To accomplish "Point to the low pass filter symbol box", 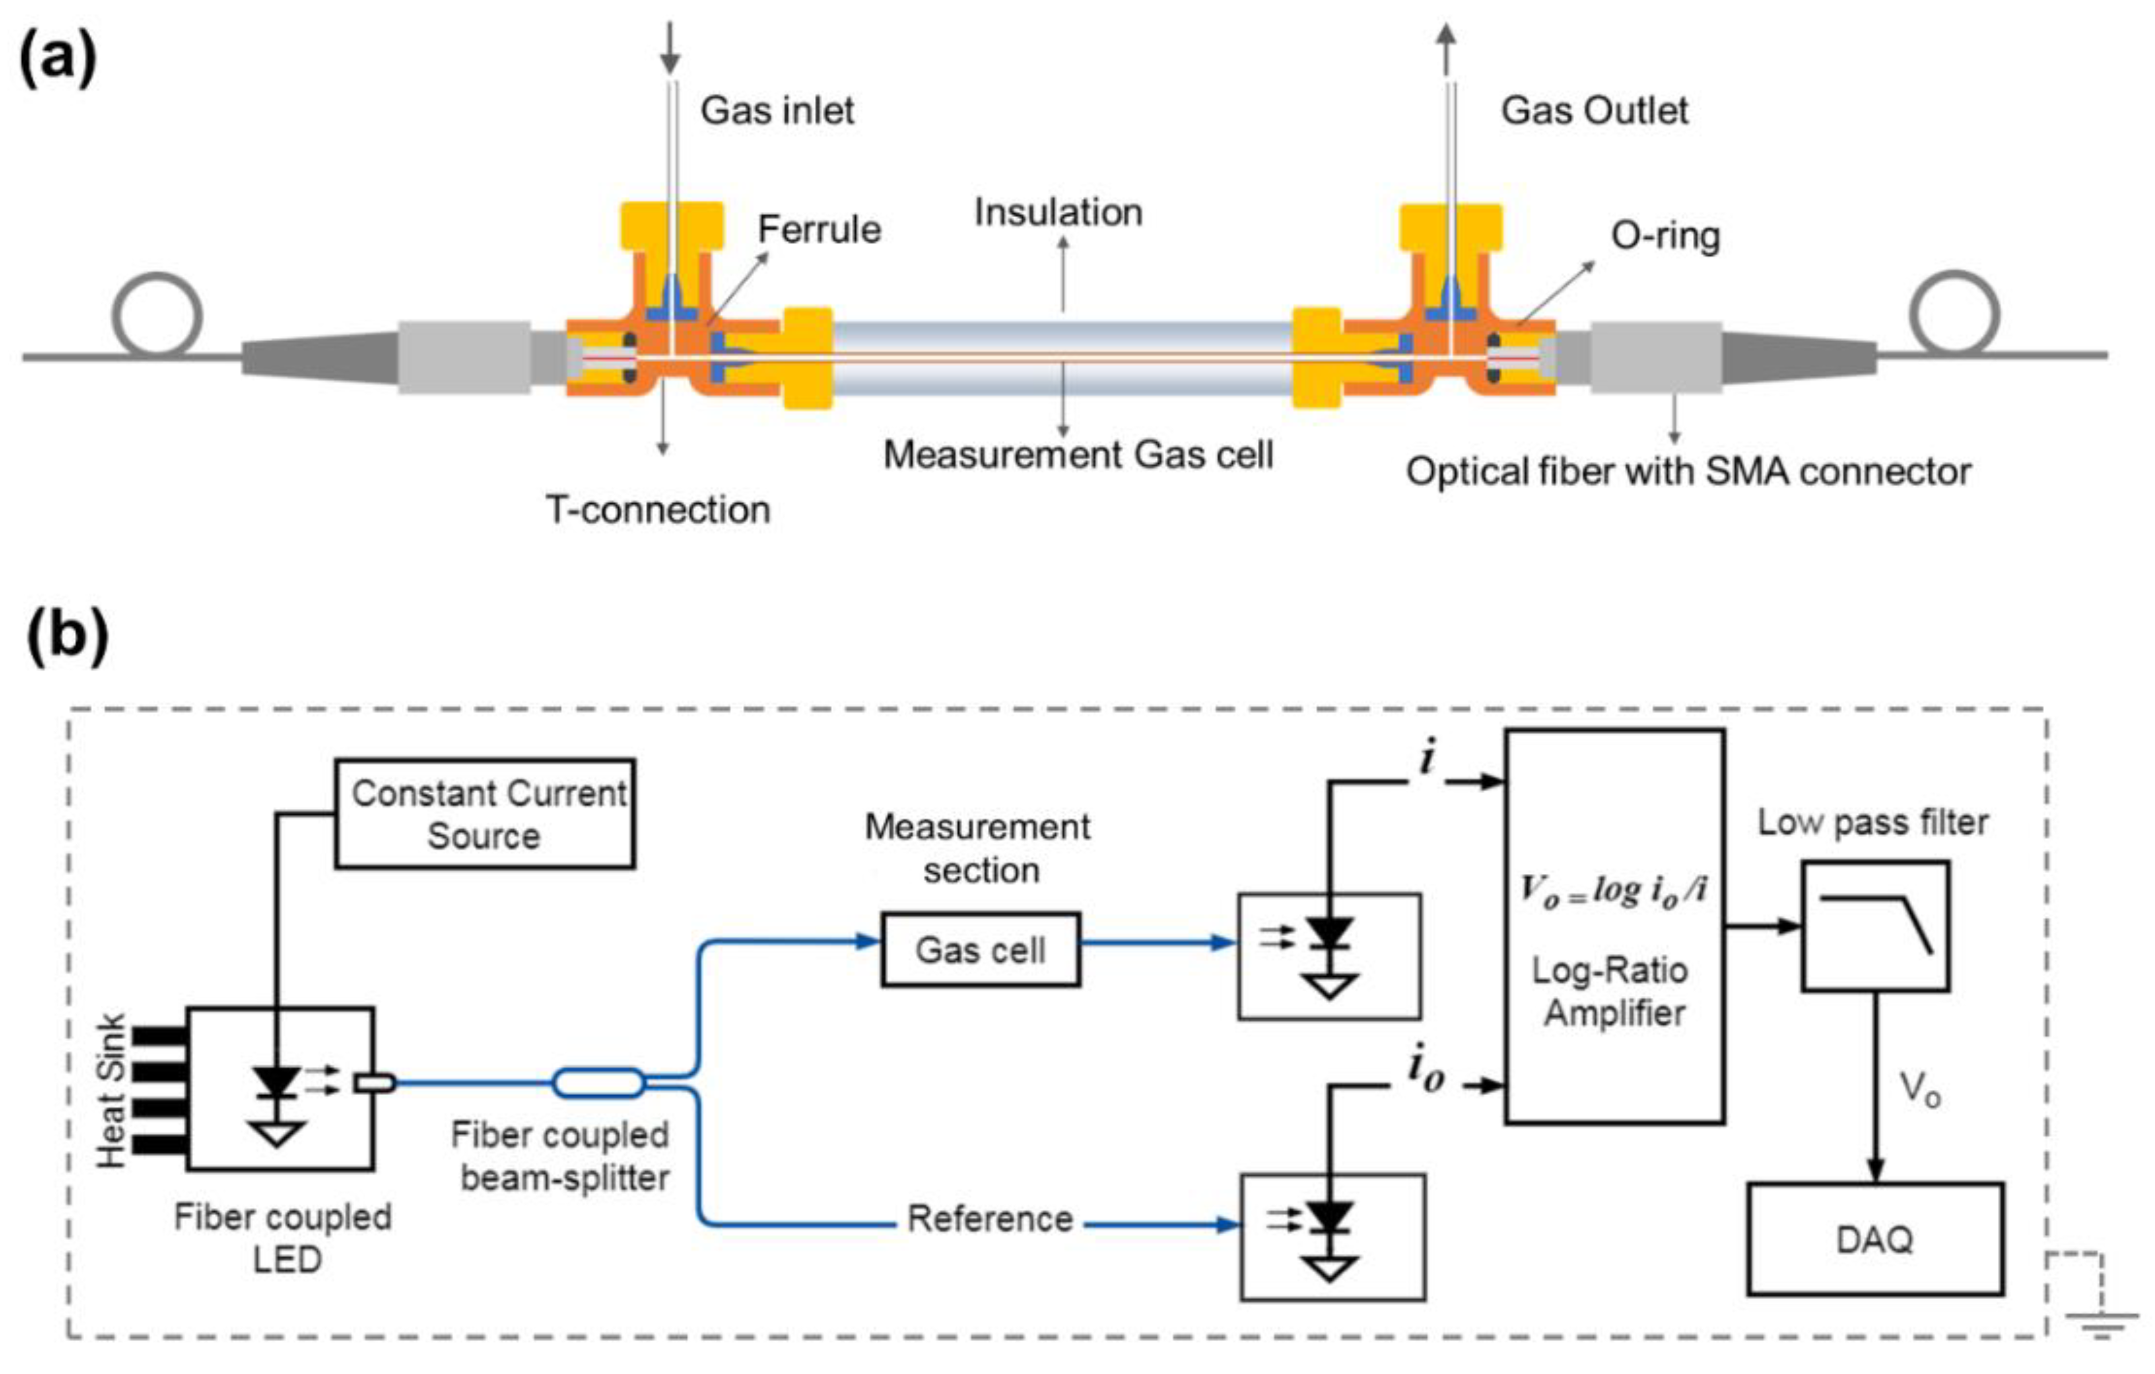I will point(1875,926).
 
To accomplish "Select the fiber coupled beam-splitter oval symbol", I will point(598,1083).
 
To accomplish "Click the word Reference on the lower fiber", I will point(990,1219).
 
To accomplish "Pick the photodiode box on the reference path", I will point(1332,1237).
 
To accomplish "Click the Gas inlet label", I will point(777,111).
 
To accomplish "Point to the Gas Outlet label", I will point(1594,111).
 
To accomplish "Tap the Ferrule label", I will point(819,230).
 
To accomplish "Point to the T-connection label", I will point(658,510).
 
